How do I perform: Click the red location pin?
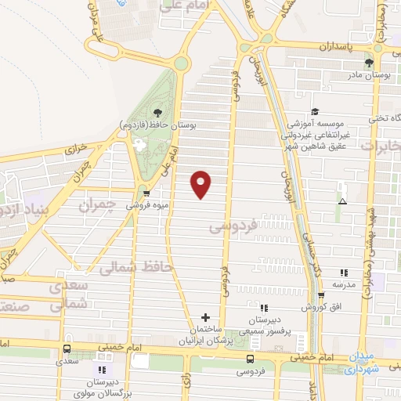click(201, 183)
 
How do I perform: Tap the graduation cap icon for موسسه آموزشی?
click(315, 112)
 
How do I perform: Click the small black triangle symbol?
click(341, 201)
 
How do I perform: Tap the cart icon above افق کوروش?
click(322, 296)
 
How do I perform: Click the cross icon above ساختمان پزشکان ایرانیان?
click(205, 317)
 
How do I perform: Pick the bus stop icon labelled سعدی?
click(66, 349)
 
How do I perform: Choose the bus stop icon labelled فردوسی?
click(250, 358)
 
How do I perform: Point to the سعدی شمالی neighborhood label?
click(66, 297)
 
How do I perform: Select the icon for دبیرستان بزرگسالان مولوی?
click(101, 369)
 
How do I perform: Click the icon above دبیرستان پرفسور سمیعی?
click(263, 309)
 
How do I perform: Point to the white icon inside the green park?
click(140, 145)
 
